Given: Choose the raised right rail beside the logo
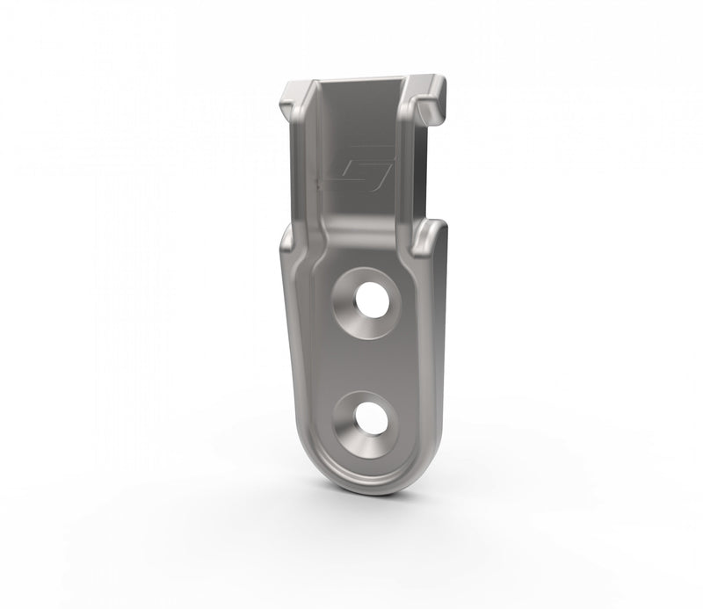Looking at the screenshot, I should [x=406, y=167].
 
